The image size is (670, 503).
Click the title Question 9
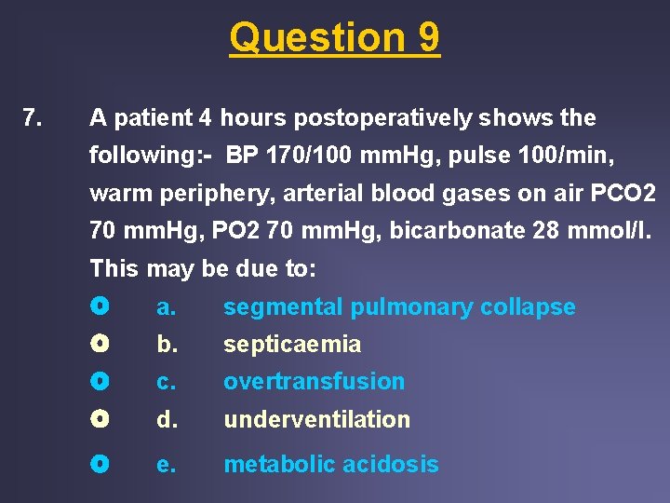point(335,38)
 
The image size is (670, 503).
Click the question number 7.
point(32,118)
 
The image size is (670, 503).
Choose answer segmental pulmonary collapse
point(399,307)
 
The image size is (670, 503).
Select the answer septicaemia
point(292,345)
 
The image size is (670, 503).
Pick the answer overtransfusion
point(315,382)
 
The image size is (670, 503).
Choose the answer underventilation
point(316,420)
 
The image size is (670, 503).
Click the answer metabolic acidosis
point(330,465)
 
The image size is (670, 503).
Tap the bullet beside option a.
point(100,306)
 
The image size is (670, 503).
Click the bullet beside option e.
point(100,464)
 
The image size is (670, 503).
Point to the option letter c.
point(166,382)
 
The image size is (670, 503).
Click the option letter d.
point(166,420)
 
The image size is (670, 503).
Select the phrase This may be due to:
point(203,269)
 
